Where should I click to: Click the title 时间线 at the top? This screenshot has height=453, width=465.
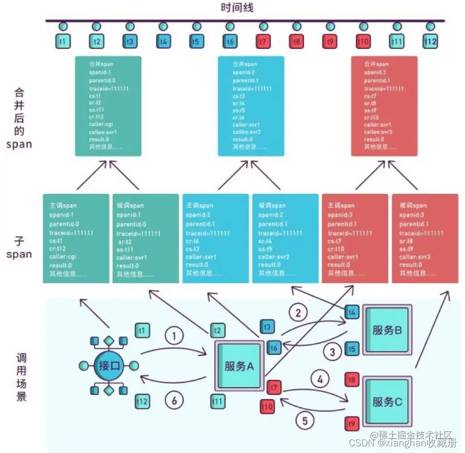tap(237, 8)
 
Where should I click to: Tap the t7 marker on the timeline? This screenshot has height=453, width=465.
tap(263, 41)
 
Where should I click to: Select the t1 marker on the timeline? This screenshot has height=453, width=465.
tap(64, 41)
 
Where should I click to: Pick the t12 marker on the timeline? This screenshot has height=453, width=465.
tap(430, 41)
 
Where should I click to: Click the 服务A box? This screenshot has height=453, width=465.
tap(240, 366)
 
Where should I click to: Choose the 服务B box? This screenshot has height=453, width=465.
tap(386, 330)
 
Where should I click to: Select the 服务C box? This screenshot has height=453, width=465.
tap(386, 402)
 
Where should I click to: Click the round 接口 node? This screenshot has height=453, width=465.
tap(109, 367)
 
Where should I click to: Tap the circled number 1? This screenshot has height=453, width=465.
tap(174, 336)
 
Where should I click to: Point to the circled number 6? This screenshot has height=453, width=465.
tap(174, 401)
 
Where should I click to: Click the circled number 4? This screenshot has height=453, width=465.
tap(320, 380)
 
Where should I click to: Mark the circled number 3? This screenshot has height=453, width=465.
tap(332, 352)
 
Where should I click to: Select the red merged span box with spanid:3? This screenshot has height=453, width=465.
tap(384, 106)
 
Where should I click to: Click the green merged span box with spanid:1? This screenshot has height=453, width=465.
tap(108, 106)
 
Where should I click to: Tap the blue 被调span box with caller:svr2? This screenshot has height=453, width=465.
tap(285, 238)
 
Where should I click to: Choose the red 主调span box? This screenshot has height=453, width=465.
tap(355, 238)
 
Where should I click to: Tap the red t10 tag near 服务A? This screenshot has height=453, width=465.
tap(267, 406)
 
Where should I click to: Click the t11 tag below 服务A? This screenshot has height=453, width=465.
tap(218, 401)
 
